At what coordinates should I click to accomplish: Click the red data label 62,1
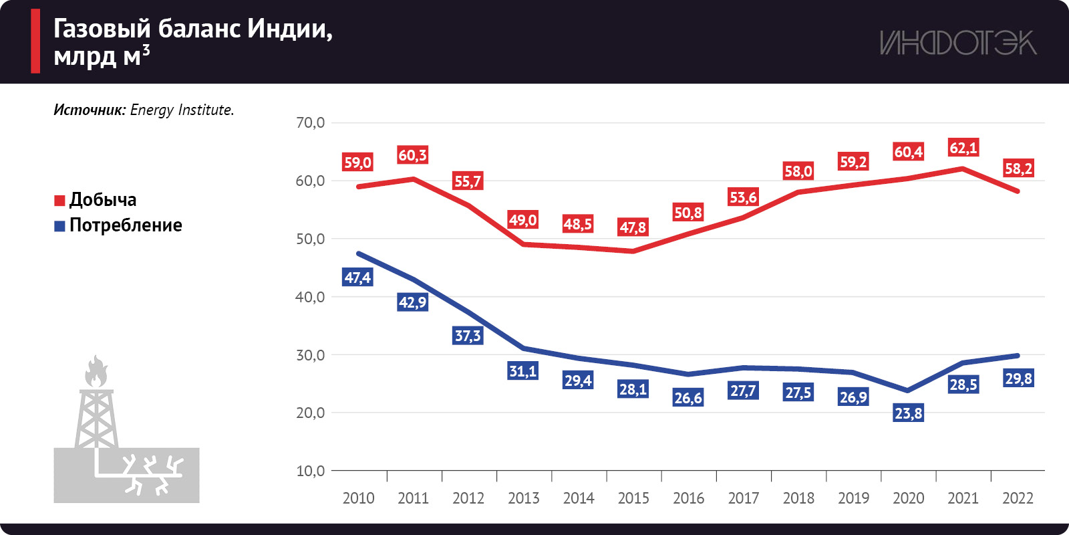pos(963,148)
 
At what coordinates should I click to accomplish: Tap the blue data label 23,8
pos(908,413)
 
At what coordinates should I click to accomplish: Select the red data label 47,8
pos(633,227)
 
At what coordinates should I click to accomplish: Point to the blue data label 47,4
pos(357,278)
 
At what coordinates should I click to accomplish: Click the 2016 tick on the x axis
pos(688,498)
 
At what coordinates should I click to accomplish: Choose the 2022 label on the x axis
pos(1018,498)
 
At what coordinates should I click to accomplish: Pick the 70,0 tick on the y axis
pos(311,122)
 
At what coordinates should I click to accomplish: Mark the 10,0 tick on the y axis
pos(311,471)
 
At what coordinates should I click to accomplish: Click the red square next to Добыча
pos(59,201)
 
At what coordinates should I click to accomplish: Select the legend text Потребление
pos(126,225)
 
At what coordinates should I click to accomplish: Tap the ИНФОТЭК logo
pos(958,43)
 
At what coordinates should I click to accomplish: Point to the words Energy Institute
pos(182,110)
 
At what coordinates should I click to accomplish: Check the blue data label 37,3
pos(468,336)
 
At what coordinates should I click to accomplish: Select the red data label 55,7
pos(468,181)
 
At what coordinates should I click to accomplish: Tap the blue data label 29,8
pos(1018,379)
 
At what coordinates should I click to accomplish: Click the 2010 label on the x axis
pos(358,498)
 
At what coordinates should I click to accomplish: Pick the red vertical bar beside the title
pos(35,41)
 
